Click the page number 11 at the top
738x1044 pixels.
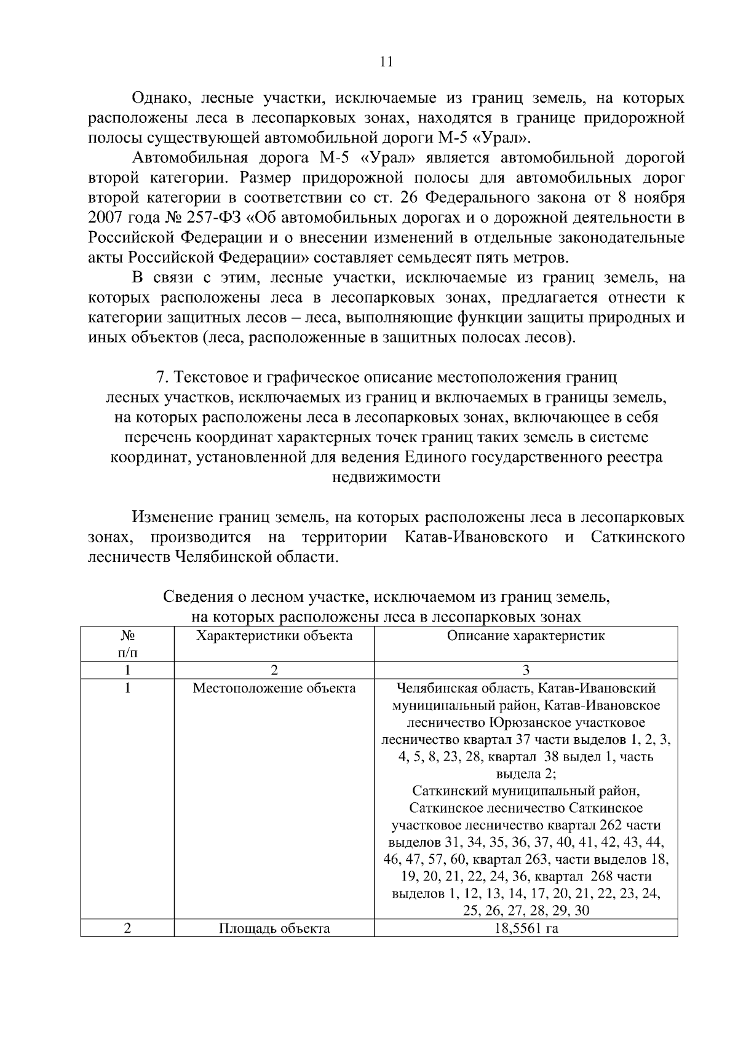click(x=386, y=61)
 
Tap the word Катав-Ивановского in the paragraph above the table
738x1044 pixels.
click(x=477, y=537)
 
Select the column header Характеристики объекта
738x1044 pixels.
click(x=274, y=636)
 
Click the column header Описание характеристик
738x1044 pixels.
click(x=526, y=636)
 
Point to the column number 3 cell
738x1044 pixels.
click(x=526, y=670)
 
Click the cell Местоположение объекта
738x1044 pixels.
click(x=274, y=688)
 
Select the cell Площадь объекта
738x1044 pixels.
click(x=274, y=928)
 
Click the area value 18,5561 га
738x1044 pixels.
click(x=526, y=928)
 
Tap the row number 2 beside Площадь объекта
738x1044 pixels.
click(x=127, y=928)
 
